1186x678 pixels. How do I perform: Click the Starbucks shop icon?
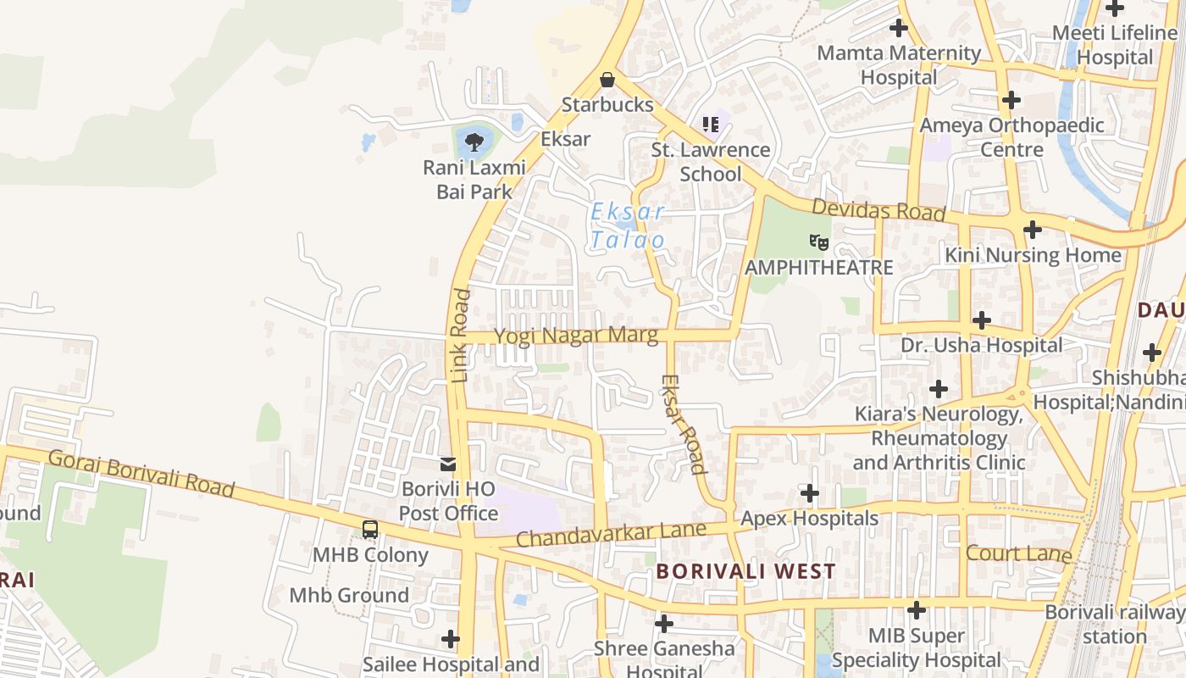pos(607,80)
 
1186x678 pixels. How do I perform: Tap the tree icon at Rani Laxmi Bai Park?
pos(474,141)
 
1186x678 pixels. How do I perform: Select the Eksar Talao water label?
pos(628,226)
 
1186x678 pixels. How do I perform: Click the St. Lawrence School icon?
pos(710,125)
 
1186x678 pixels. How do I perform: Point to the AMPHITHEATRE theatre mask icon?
pos(818,242)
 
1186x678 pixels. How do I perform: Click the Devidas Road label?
pos(878,210)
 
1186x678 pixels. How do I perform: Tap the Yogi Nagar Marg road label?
pos(576,336)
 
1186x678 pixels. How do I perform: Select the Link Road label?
pos(460,336)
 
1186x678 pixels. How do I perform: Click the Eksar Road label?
pos(683,424)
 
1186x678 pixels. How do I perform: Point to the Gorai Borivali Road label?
pos(141,473)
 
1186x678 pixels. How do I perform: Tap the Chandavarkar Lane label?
pos(610,535)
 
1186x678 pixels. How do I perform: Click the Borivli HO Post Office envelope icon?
pos(447,464)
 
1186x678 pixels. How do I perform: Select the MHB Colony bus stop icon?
pos(370,530)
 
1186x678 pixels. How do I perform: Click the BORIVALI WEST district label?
pos(745,571)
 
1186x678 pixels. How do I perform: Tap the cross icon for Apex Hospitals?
pos(810,493)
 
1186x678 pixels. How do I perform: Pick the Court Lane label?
pos(1019,553)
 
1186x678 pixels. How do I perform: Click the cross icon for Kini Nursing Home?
pos(1032,230)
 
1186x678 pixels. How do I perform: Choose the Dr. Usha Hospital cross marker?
pos(981,320)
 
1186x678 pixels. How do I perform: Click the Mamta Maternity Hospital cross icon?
pos(898,28)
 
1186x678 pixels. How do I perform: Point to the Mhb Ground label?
pos(349,595)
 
